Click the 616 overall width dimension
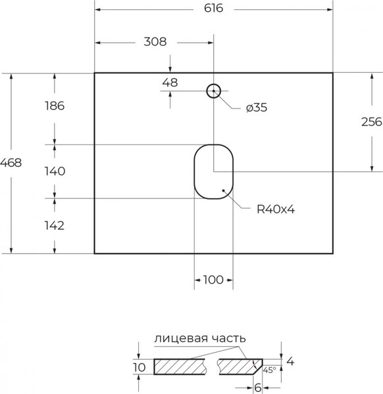(x=214, y=9)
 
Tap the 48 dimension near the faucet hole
(x=170, y=83)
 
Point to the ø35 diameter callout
(x=256, y=108)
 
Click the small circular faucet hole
(x=214, y=91)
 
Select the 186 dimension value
(x=54, y=106)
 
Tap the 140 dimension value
(x=54, y=171)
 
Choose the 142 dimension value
(x=54, y=225)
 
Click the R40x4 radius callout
(x=274, y=209)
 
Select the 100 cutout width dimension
(x=213, y=280)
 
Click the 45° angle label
(x=270, y=370)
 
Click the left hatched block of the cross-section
(x=183, y=366)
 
